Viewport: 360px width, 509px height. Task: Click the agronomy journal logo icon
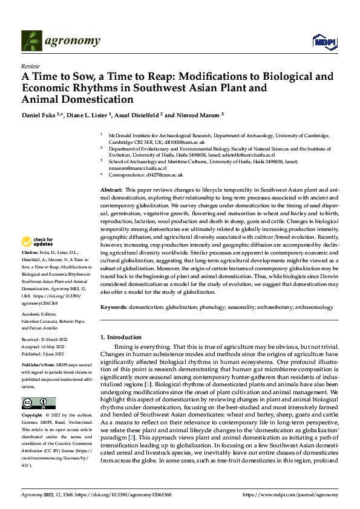[31, 41]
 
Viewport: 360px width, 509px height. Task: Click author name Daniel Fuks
[37, 115]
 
